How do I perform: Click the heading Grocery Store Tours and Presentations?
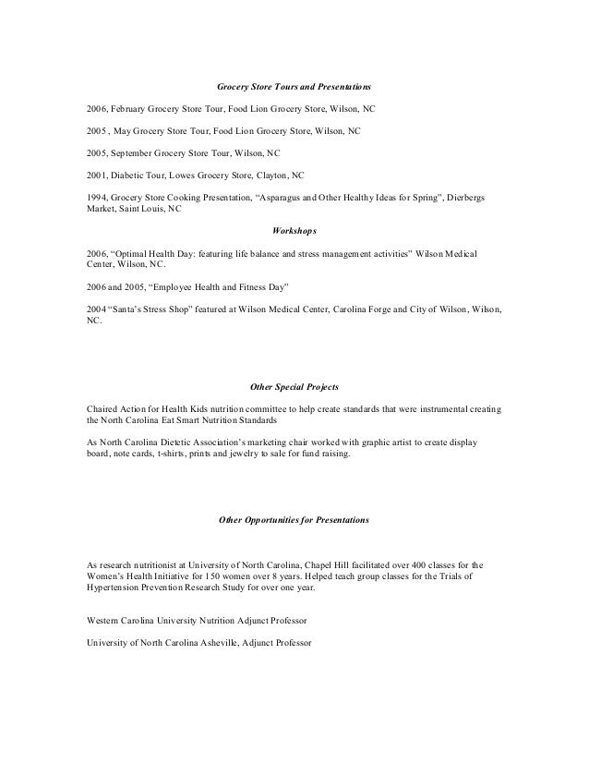294,85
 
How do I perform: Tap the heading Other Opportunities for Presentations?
294,521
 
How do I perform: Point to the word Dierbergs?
476,198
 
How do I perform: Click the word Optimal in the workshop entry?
132,252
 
